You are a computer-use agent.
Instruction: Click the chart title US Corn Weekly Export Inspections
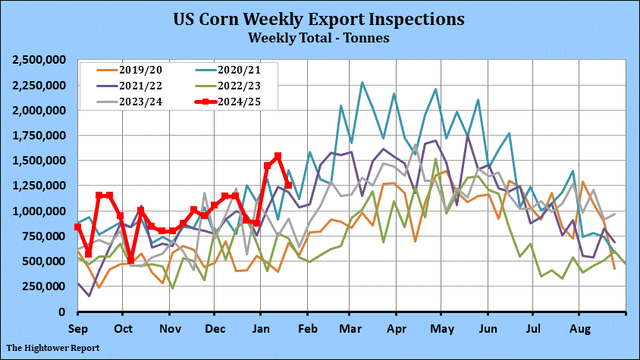(319, 18)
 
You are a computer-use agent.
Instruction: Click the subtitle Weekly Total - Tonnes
(319, 36)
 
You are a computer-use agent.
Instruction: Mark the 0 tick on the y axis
(63, 311)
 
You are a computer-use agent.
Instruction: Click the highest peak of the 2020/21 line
(362, 82)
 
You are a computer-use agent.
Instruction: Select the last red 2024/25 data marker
(288, 185)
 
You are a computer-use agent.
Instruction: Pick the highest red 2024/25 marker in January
(278, 155)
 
